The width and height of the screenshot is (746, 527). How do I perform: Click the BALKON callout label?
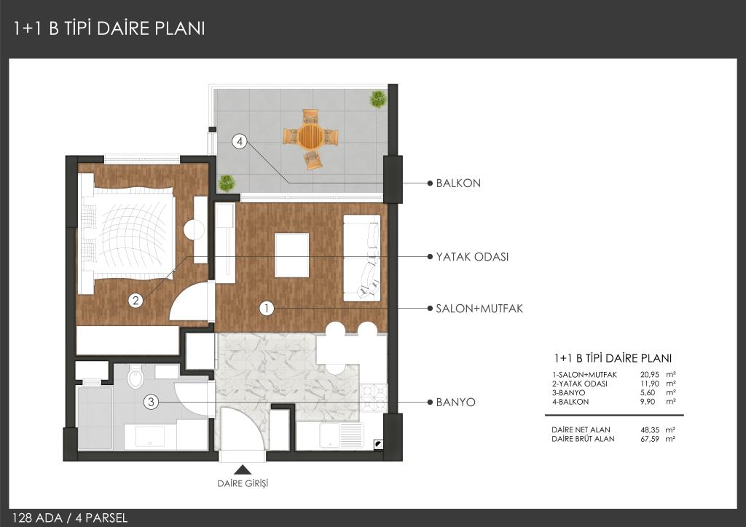[x=458, y=183]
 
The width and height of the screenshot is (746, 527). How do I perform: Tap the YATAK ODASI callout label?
[x=472, y=257]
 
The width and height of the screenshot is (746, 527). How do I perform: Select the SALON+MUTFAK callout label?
[x=479, y=309]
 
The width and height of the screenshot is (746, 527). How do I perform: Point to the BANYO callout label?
[x=455, y=403]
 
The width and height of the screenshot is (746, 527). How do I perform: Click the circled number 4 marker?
[x=239, y=141]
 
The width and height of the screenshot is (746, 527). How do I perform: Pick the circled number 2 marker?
[x=136, y=301]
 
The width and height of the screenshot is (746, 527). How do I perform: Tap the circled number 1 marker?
[x=267, y=309]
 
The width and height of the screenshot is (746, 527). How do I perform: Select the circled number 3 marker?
[x=151, y=402]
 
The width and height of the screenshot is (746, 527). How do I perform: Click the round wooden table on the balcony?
[x=310, y=136]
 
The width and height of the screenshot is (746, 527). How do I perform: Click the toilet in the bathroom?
[x=136, y=376]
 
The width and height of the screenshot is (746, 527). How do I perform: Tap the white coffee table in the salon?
[x=291, y=255]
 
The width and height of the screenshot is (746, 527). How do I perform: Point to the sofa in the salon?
[x=362, y=258]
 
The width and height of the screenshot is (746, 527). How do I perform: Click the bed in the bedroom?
[x=127, y=234]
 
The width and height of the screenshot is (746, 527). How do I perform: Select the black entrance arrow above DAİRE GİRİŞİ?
[x=243, y=470]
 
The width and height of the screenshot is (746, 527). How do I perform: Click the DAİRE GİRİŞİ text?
[x=243, y=484]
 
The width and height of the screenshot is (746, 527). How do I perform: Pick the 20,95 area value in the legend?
[x=649, y=375]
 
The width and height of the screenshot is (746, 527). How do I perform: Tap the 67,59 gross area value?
[x=650, y=439]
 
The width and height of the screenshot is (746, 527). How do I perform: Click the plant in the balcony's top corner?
[x=378, y=99]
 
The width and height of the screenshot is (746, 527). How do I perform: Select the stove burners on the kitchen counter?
[x=374, y=397]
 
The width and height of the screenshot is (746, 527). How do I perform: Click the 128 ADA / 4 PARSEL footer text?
[x=70, y=518]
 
